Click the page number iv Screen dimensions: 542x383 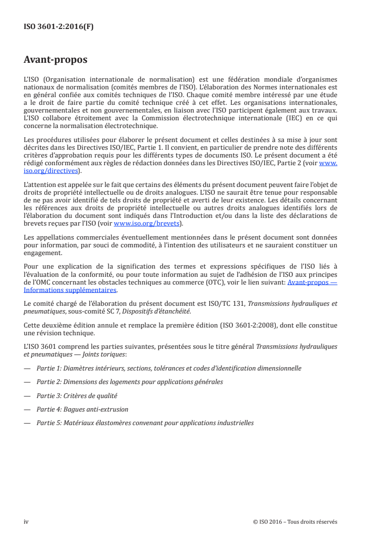(x=26, y=522)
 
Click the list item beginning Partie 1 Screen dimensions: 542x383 (x=169, y=368)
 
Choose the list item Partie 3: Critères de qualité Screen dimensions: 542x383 (x=77, y=396)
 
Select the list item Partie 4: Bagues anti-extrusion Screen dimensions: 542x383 (x=82, y=409)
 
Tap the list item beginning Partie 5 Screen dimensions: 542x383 (x=145, y=423)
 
